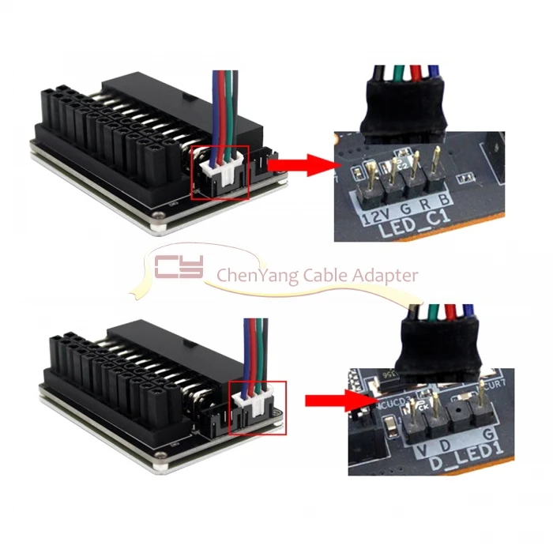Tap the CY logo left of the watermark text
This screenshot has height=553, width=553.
pyautogui.click(x=179, y=268)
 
